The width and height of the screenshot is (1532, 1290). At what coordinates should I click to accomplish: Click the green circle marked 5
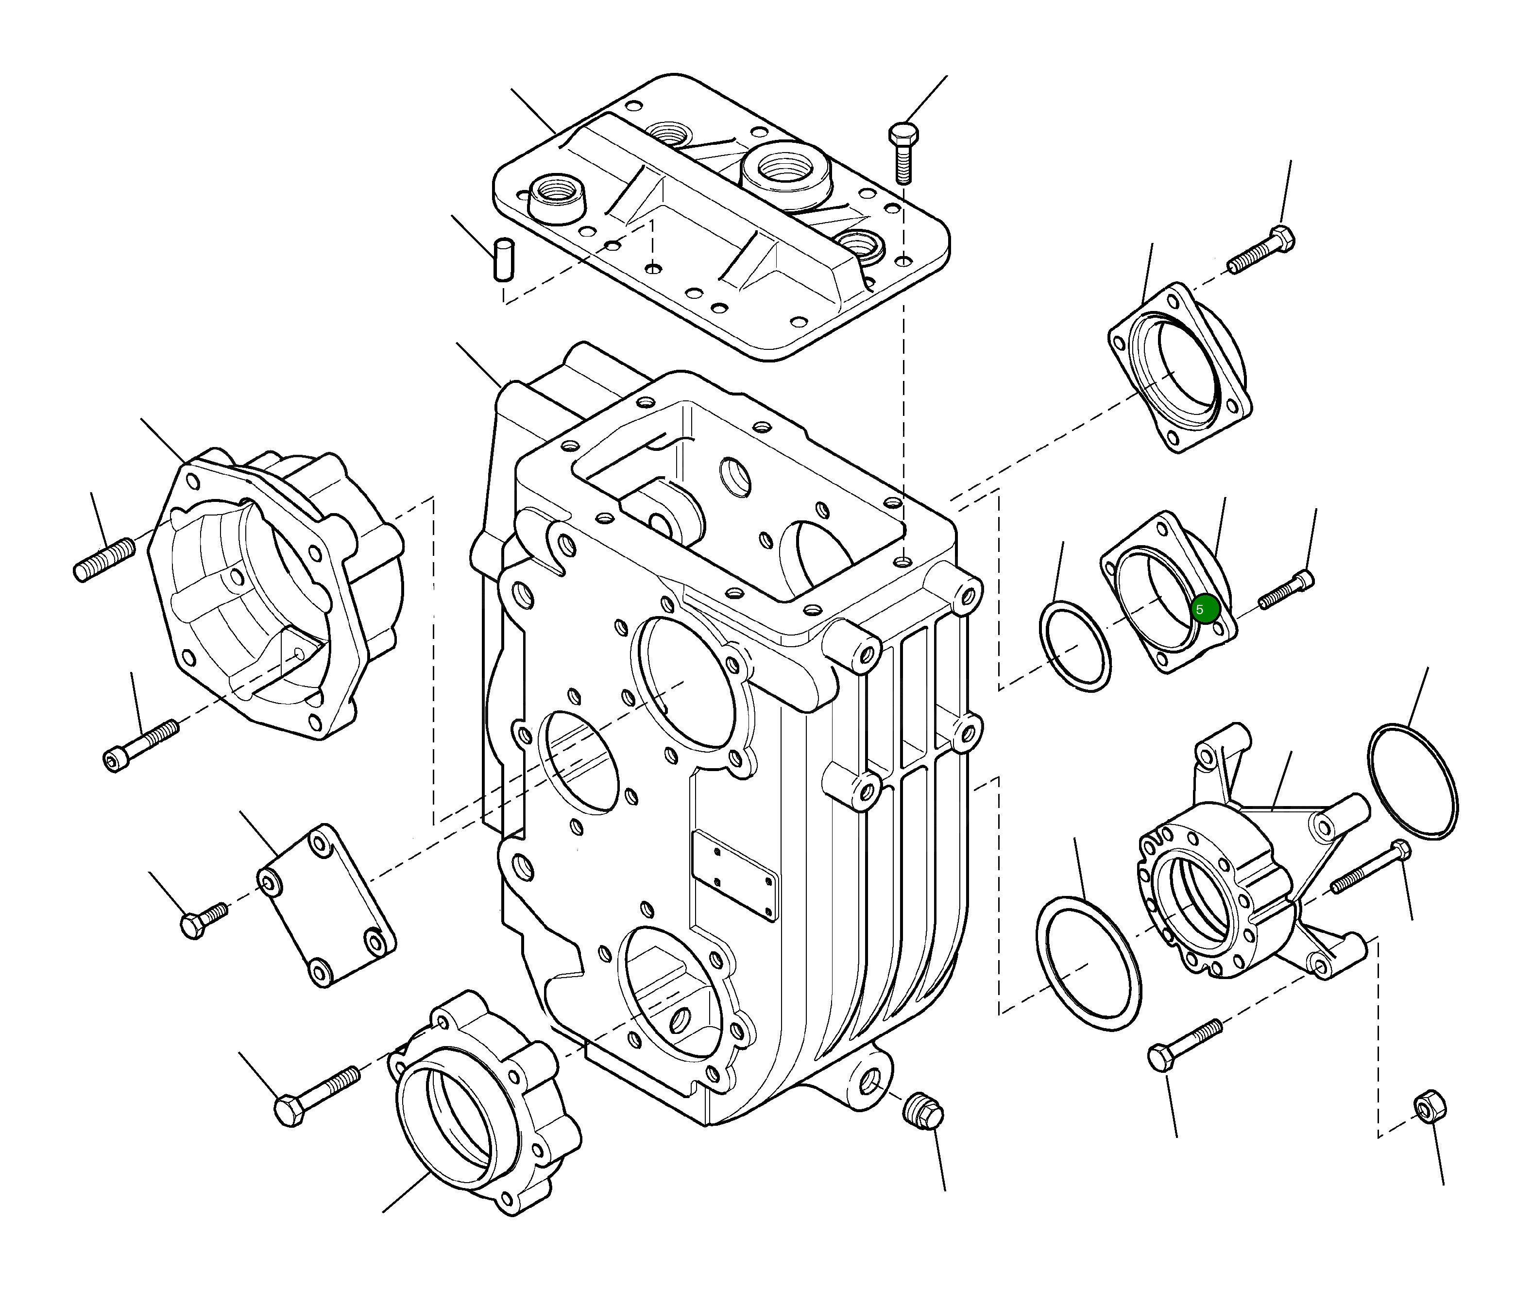pyautogui.click(x=1205, y=608)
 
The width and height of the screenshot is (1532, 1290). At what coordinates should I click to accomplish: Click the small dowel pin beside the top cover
pyautogui.click(x=503, y=259)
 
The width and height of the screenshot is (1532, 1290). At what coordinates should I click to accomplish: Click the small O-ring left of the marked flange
pyautogui.click(x=1074, y=645)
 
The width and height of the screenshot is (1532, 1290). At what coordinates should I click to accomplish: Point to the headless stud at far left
pyautogui.click(x=104, y=559)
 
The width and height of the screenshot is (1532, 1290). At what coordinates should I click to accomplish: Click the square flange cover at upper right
pyautogui.click(x=1179, y=368)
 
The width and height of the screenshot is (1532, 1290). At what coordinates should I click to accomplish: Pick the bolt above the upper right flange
pyautogui.click(x=1261, y=251)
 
